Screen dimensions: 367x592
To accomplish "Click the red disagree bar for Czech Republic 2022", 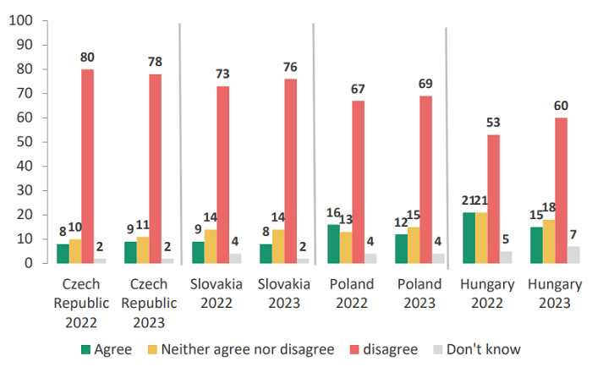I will point(87,166).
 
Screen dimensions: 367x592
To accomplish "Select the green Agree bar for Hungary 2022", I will point(468,238).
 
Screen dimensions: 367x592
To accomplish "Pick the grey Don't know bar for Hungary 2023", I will point(574,255).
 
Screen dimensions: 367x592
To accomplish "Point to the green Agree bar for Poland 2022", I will point(333,244).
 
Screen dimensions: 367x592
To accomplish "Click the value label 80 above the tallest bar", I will point(87,58).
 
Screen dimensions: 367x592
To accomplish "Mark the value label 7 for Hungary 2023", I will point(574,234).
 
